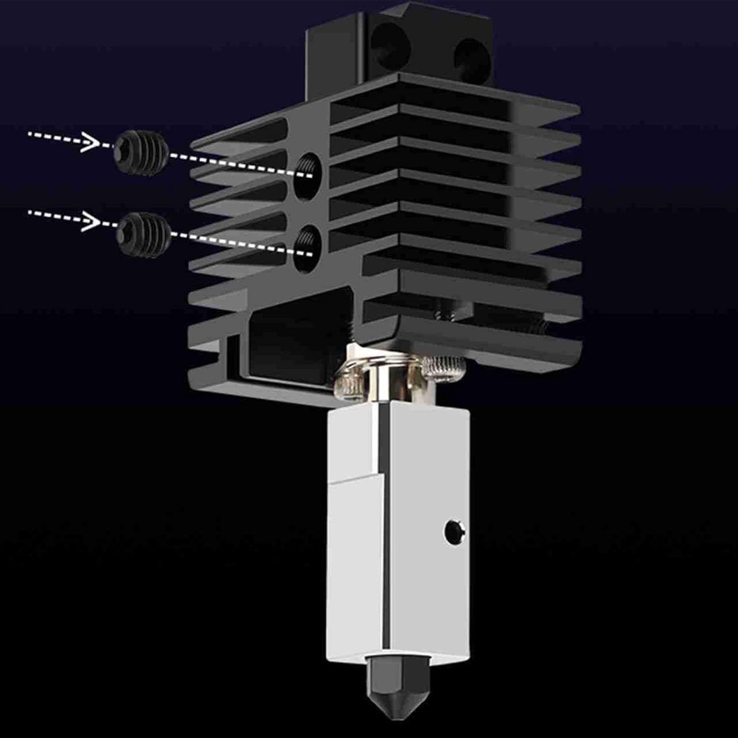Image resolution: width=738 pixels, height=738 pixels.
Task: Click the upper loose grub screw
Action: [x=140, y=151]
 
